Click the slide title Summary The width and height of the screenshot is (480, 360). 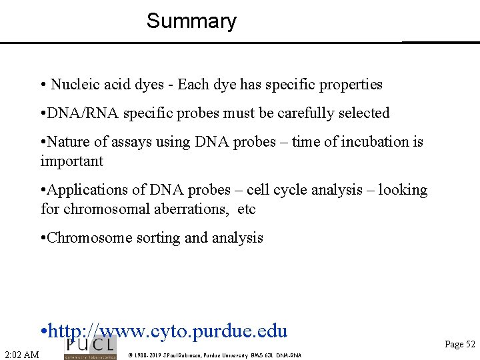coord(191,21)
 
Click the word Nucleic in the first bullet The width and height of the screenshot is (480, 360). coord(73,85)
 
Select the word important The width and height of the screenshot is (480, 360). coord(71,161)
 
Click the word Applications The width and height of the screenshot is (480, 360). coord(86,190)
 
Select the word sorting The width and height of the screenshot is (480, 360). coord(153,238)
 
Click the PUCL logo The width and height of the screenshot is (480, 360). coord(89,347)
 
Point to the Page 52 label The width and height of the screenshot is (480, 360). coord(460,345)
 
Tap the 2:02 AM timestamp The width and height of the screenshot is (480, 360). coord(21,354)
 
